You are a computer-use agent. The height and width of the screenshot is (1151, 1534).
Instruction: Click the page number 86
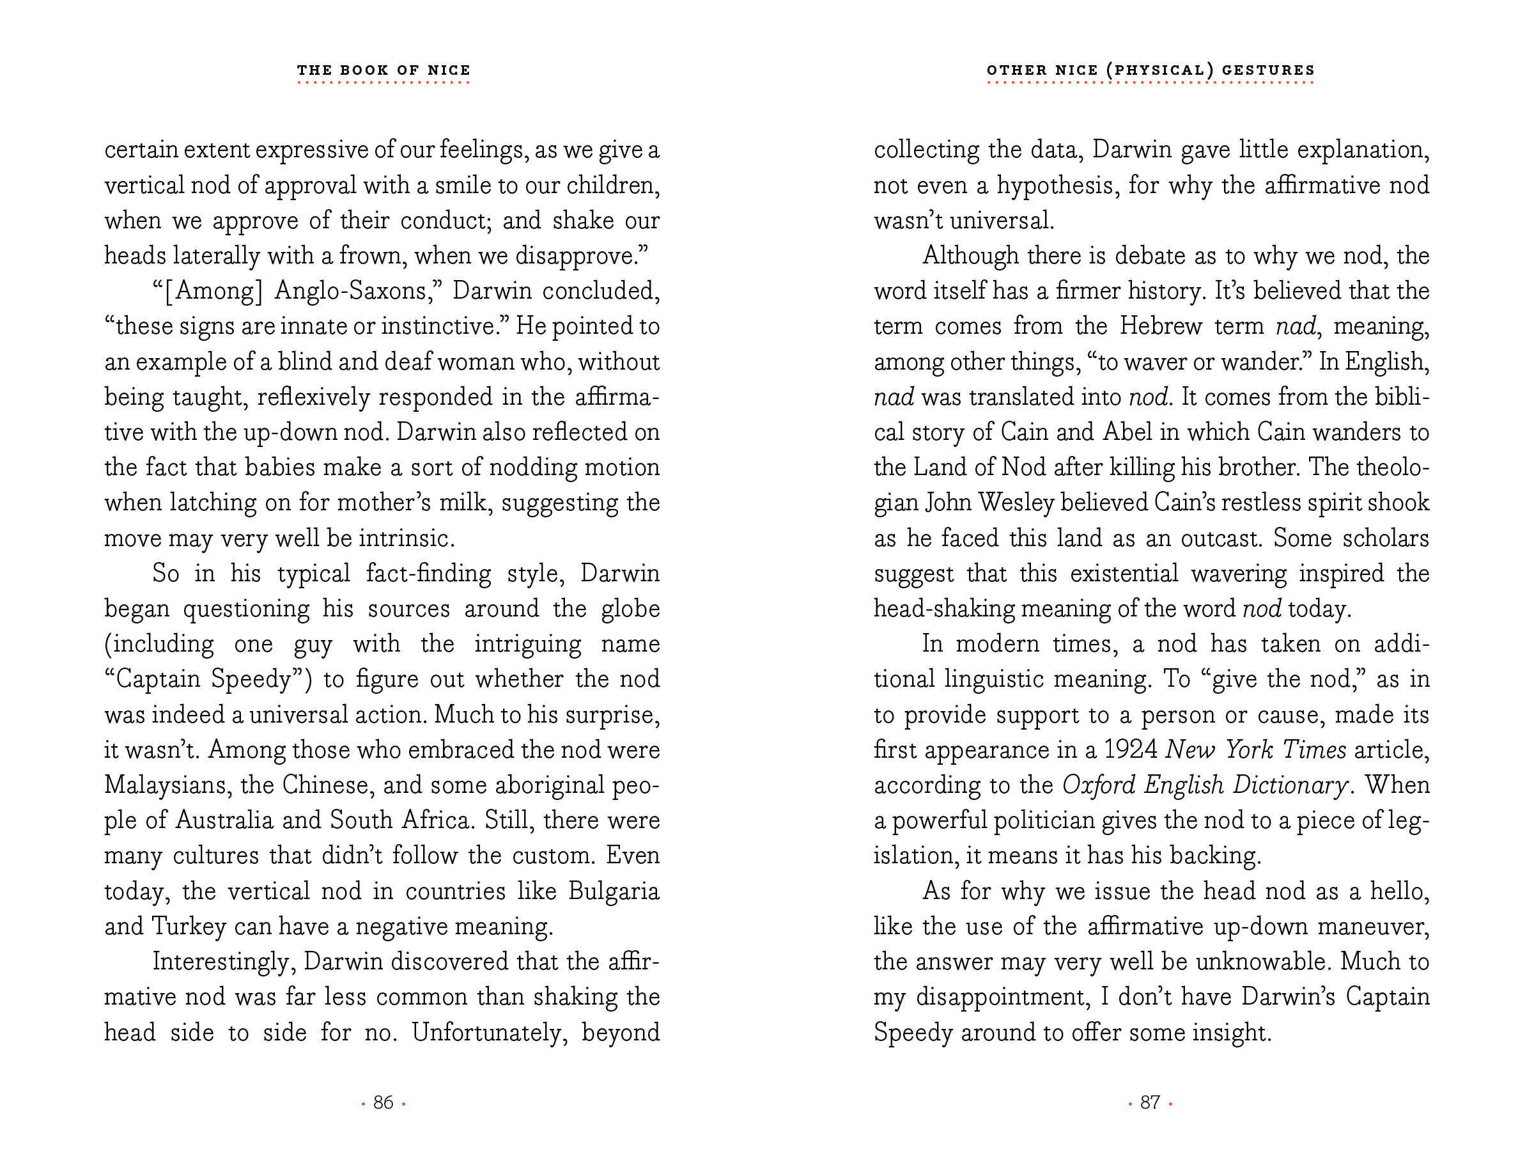coord(383,1102)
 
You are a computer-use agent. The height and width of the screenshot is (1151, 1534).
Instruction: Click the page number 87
coord(1150,1102)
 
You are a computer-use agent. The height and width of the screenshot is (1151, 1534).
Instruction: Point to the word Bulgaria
coord(613,891)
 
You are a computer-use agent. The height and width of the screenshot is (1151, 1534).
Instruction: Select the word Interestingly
coord(223,962)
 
